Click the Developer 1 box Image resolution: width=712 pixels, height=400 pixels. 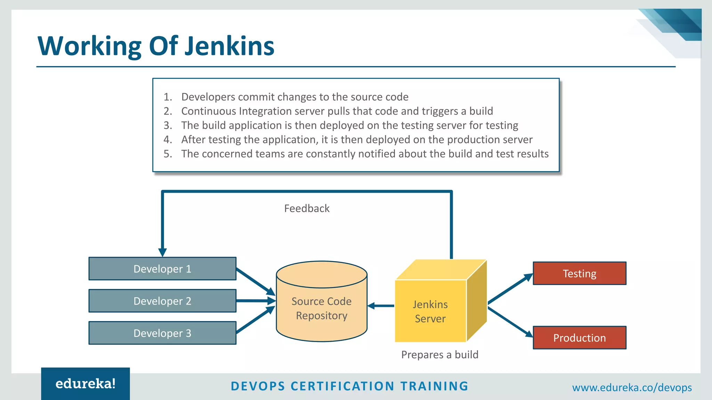click(162, 269)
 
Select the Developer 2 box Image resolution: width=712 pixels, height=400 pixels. click(162, 301)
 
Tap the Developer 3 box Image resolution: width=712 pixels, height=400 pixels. click(162, 333)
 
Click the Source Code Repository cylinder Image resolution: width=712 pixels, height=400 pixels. click(322, 308)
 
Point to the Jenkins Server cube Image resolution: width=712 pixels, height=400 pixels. click(430, 311)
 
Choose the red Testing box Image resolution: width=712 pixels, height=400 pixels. click(580, 274)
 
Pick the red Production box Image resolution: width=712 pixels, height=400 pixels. click(580, 337)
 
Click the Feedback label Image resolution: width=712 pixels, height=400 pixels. click(307, 208)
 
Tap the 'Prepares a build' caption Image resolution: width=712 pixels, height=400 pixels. click(440, 355)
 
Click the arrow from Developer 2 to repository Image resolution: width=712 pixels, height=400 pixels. click(256, 301)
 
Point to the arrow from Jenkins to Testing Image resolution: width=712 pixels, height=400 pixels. click(510, 289)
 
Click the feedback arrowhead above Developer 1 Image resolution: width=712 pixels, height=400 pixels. click(162, 252)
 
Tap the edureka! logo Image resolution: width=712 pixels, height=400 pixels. click(86, 384)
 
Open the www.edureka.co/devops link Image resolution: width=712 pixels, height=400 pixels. click(632, 387)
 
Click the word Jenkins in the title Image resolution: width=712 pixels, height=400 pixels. click(229, 46)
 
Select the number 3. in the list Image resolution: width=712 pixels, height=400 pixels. click(168, 125)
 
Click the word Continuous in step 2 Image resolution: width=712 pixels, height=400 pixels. click(208, 111)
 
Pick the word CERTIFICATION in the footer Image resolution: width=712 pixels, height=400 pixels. click(342, 386)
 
